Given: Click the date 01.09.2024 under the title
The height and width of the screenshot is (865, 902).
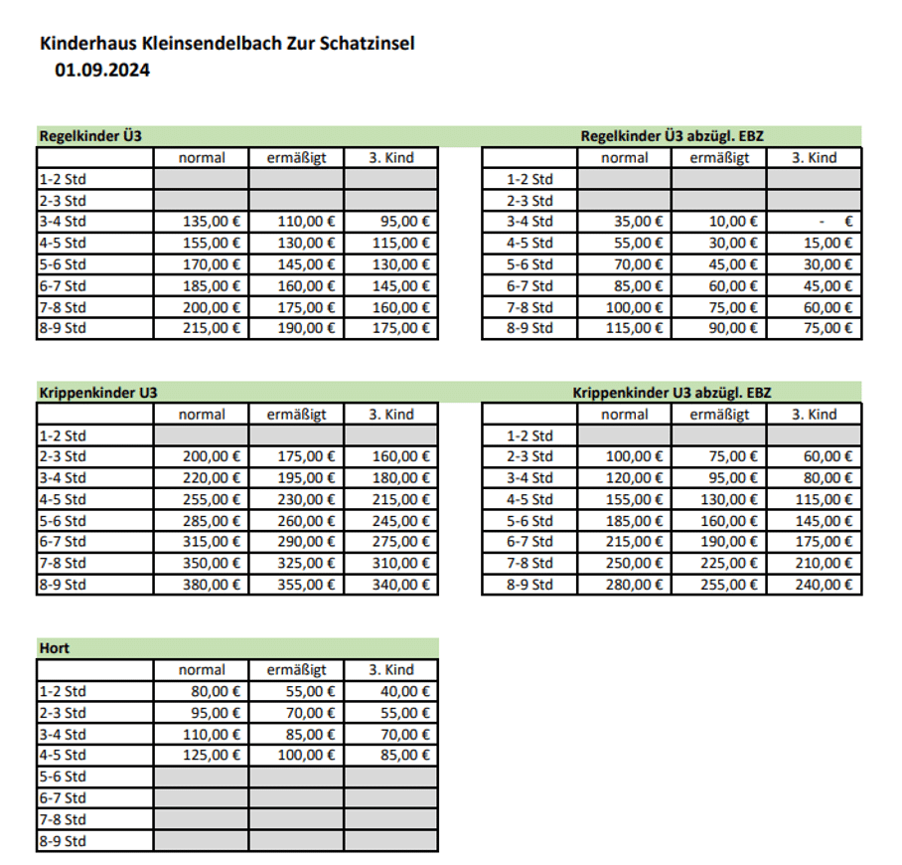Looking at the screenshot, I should pos(102,70).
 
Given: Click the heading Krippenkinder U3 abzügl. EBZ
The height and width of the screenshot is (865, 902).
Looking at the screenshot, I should pos(668,393).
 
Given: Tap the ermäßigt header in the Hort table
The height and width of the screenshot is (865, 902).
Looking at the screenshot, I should pos(296,670).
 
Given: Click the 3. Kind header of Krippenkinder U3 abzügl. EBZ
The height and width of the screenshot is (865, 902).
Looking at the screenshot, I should pos(814,415).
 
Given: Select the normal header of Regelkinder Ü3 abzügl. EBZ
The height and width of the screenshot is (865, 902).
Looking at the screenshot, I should pos(625,158).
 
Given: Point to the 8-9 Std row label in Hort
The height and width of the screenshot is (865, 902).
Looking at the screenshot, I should pos(63,841).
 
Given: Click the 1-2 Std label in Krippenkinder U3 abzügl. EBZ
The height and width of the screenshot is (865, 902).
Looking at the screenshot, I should pos(529,435).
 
